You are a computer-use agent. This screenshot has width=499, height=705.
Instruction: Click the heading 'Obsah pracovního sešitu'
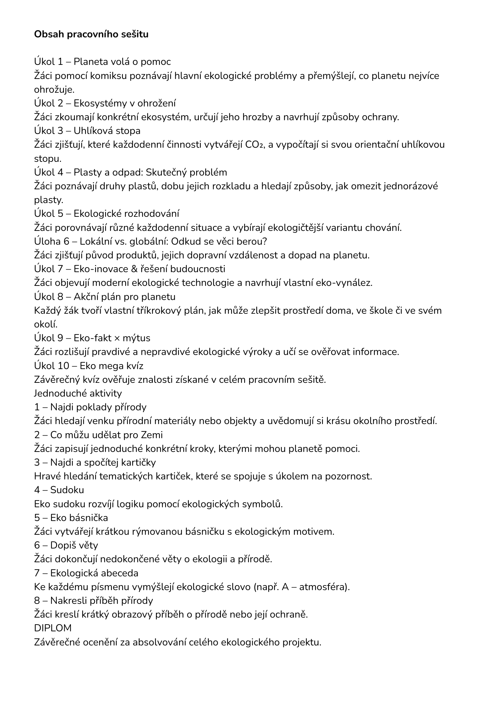tap(91, 34)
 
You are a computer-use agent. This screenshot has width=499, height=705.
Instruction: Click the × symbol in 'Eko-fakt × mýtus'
tap(116, 338)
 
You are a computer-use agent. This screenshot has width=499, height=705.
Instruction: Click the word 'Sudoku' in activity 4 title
tap(67, 490)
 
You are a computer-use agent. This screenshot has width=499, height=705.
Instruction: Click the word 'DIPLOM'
tap(53, 628)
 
